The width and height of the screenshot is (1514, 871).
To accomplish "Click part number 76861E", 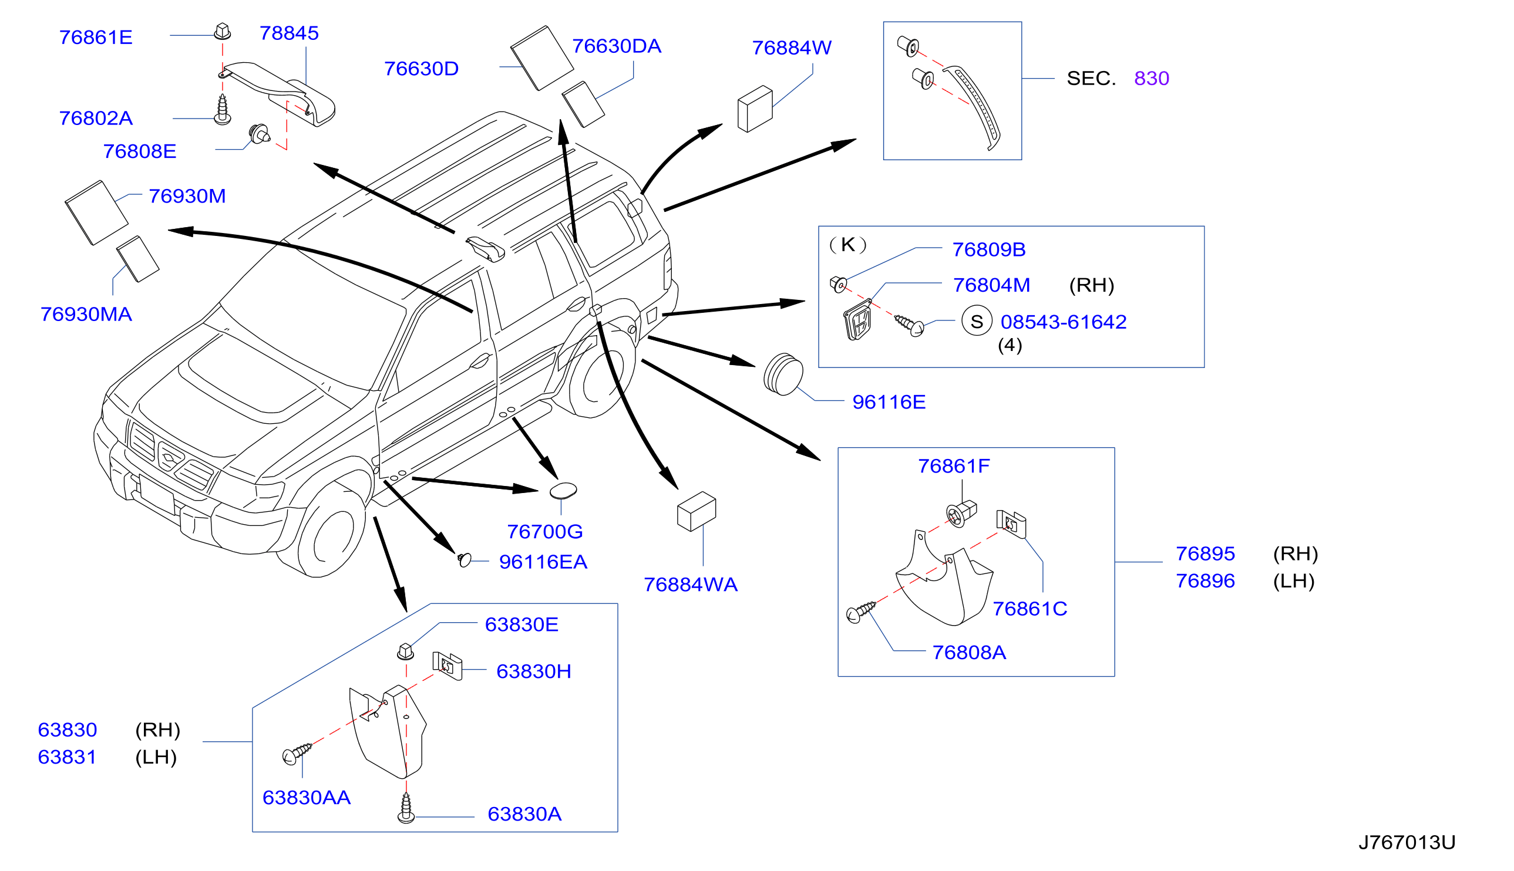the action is [96, 38].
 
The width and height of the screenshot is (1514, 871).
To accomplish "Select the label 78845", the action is [289, 33].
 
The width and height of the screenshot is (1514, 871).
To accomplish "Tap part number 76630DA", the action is [617, 46].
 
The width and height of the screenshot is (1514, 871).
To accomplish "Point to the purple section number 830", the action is [1152, 79].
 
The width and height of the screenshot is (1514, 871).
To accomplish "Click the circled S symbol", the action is [977, 321].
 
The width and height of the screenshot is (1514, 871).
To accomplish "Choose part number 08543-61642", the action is [1064, 322].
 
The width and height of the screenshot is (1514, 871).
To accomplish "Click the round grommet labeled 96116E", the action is [783, 374].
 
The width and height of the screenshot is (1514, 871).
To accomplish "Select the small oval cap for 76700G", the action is [563, 491].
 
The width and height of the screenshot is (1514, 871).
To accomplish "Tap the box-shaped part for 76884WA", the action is [697, 511].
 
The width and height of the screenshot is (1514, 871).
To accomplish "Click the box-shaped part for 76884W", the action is [755, 109].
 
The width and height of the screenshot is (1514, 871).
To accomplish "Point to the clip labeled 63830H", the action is [447, 665].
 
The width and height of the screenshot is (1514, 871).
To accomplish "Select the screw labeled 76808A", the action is [860, 612].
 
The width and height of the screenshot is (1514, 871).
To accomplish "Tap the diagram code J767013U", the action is [1407, 842].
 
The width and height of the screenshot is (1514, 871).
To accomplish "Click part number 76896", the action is [1205, 581].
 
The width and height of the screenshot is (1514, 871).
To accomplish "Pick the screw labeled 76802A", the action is [223, 110].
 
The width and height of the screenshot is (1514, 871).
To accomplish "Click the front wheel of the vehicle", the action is [332, 530].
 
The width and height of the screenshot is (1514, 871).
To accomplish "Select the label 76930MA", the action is [86, 314].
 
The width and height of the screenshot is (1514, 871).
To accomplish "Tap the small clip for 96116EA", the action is [465, 560].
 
